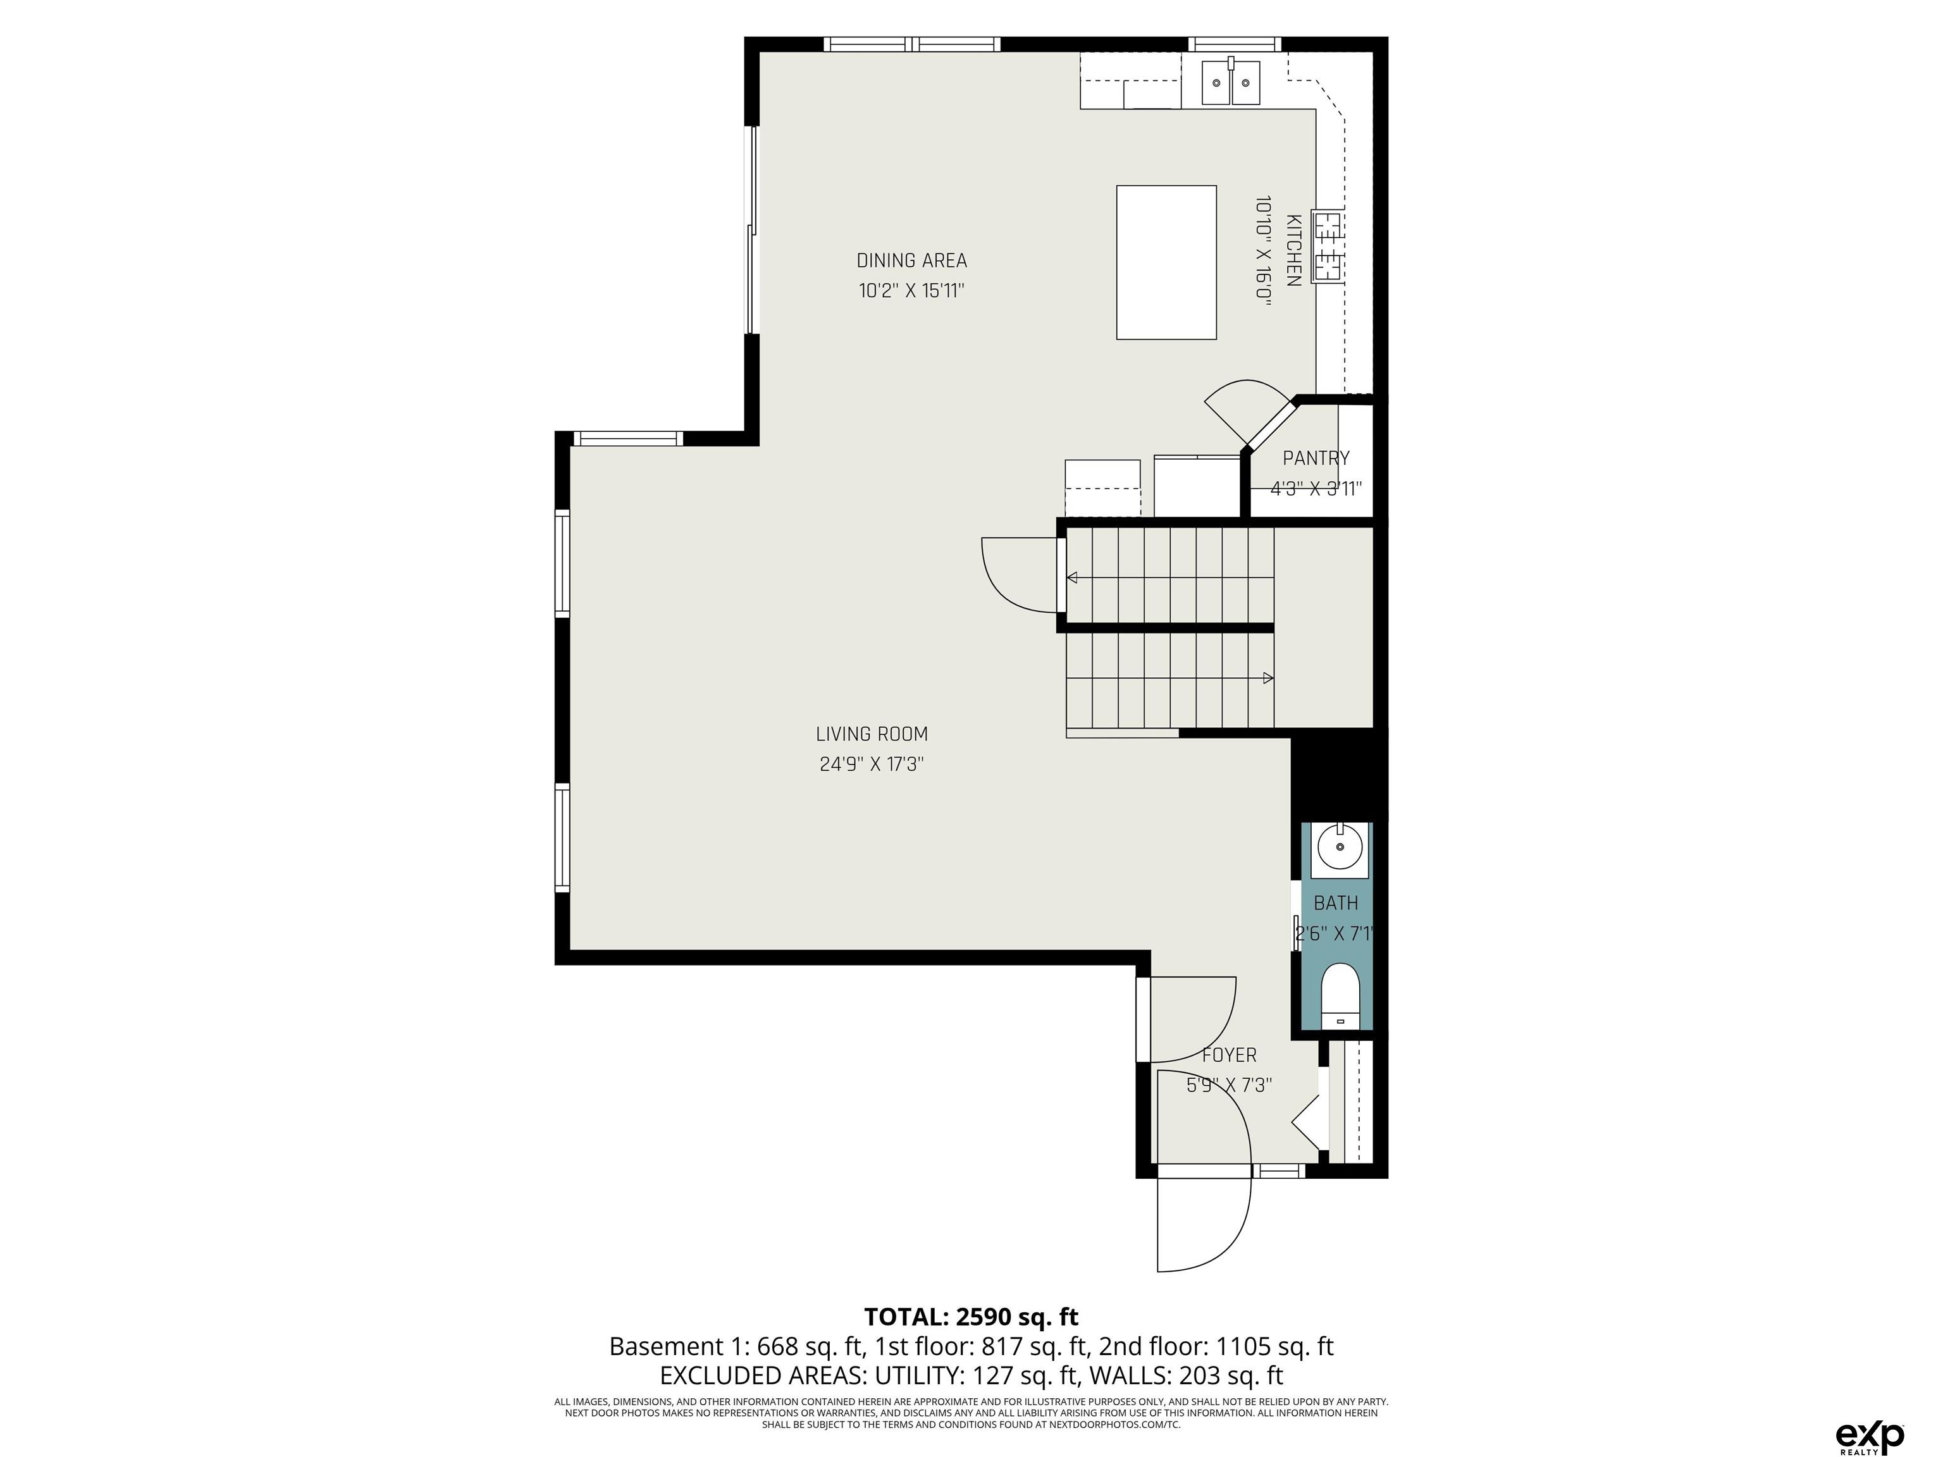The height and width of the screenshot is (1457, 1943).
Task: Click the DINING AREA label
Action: (912, 261)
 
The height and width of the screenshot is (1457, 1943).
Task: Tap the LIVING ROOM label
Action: (872, 734)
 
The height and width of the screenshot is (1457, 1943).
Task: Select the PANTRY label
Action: (1316, 458)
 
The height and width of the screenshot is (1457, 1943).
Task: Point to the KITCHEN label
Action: (1293, 250)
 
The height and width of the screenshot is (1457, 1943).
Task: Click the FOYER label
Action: (1229, 1055)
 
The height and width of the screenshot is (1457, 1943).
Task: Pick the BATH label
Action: (1336, 903)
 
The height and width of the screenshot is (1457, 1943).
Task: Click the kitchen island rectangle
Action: (1166, 262)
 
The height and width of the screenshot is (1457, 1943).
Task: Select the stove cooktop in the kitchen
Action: (1327, 247)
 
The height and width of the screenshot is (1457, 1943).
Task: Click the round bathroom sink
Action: (1340, 849)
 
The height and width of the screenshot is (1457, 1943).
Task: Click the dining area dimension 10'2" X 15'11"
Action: (912, 291)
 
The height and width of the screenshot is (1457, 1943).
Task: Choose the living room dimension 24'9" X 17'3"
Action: (872, 764)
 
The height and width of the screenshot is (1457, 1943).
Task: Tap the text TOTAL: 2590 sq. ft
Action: (971, 1317)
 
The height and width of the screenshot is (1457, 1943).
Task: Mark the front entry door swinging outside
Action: (1204, 1224)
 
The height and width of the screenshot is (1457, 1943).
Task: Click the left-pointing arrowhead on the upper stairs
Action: (1071, 577)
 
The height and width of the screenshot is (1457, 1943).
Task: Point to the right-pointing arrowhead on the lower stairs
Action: (1268, 678)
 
